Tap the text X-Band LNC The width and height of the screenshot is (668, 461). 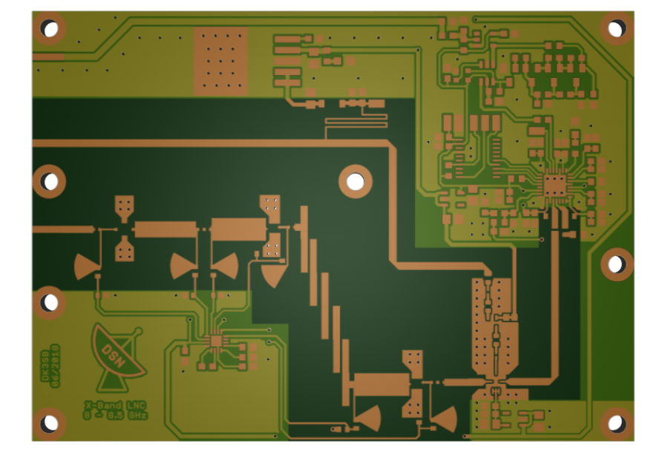[x=115, y=405]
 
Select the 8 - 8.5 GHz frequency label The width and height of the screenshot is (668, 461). [x=115, y=416]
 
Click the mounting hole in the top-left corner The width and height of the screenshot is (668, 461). [x=49, y=28]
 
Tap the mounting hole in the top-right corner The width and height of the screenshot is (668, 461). [x=617, y=28]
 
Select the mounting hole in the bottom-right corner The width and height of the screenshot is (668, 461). [x=617, y=424]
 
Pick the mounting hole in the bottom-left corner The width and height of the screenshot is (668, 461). [x=49, y=424]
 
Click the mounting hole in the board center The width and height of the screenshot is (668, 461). [x=356, y=181]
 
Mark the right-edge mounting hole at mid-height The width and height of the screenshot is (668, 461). [x=617, y=264]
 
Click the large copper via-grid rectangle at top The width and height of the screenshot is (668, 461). [x=220, y=61]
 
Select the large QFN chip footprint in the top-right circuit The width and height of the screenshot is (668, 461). [x=554, y=183]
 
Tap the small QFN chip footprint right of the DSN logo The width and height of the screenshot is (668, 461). [x=217, y=341]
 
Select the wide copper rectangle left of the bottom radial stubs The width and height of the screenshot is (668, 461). [x=382, y=385]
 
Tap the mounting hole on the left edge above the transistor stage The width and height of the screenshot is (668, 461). [x=49, y=181]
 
